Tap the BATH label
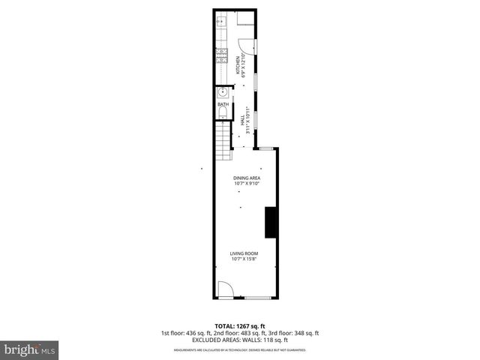coord(223,103)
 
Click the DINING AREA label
coord(246,178)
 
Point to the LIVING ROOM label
coord(244,254)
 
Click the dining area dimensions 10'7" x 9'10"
coord(246,183)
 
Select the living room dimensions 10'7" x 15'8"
coord(244,259)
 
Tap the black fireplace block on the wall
coord(270,221)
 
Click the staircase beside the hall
coord(223,143)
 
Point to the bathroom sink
coord(223,93)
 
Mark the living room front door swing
coord(223,289)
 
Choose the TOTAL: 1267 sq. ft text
coord(240,326)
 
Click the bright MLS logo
coord(30,349)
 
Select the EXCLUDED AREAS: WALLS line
coord(240,339)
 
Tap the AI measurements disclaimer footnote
coord(240,350)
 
